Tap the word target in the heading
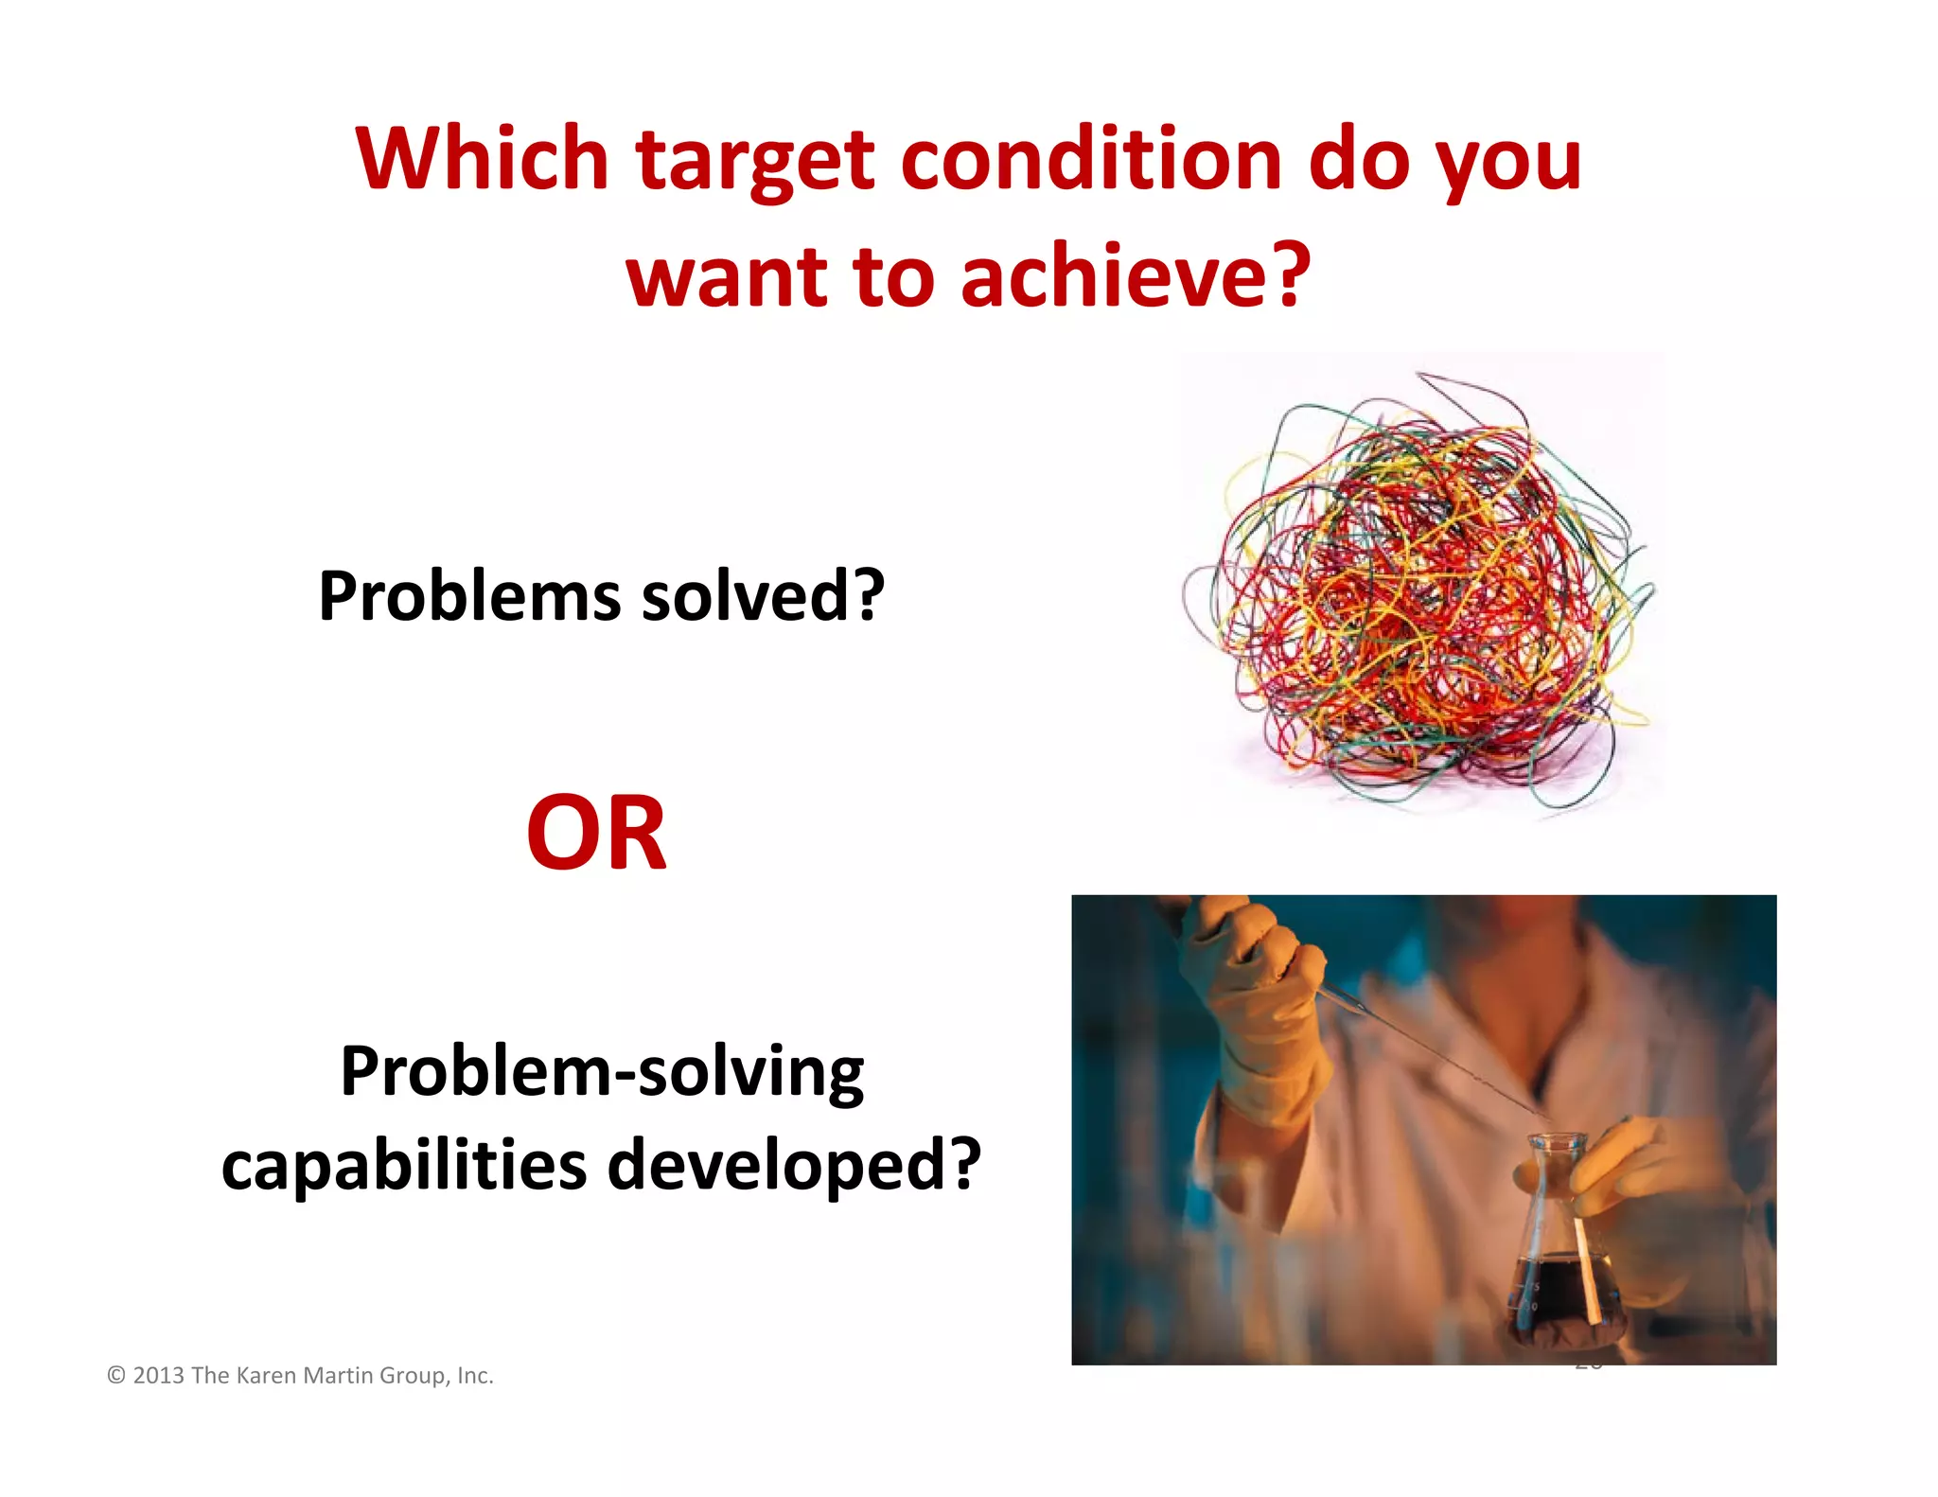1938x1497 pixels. [x=755, y=163]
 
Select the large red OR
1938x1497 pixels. [x=596, y=834]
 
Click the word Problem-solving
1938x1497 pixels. [x=602, y=1073]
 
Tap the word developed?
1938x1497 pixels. [x=793, y=1166]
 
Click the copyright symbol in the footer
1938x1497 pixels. [x=116, y=1375]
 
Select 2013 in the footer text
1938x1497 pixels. [x=158, y=1375]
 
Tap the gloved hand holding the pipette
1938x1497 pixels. [x=1259, y=1003]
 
